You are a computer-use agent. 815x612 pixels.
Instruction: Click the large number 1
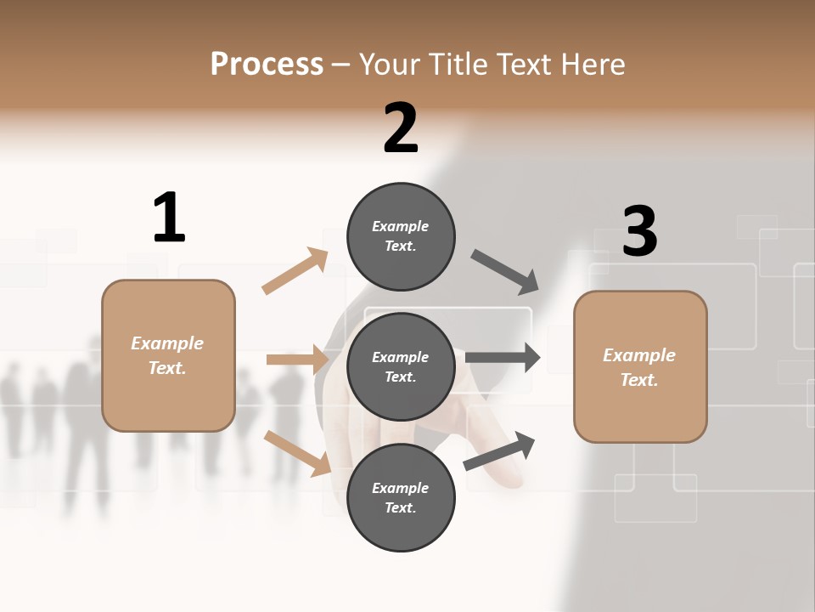point(169,218)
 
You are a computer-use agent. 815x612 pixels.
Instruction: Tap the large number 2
point(401,128)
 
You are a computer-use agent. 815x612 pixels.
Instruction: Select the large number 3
point(640,231)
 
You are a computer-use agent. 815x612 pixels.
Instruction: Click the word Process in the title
point(267,64)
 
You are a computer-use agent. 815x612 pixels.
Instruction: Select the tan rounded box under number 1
point(168,355)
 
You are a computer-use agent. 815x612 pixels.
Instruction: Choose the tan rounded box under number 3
point(640,367)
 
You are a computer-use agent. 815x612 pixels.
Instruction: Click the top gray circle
point(401,236)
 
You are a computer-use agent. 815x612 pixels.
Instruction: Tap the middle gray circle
point(401,367)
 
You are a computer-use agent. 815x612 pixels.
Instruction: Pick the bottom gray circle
point(401,498)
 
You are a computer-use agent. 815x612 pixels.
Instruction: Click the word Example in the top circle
point(401,226)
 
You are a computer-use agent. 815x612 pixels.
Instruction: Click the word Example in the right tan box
point(639,355)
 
